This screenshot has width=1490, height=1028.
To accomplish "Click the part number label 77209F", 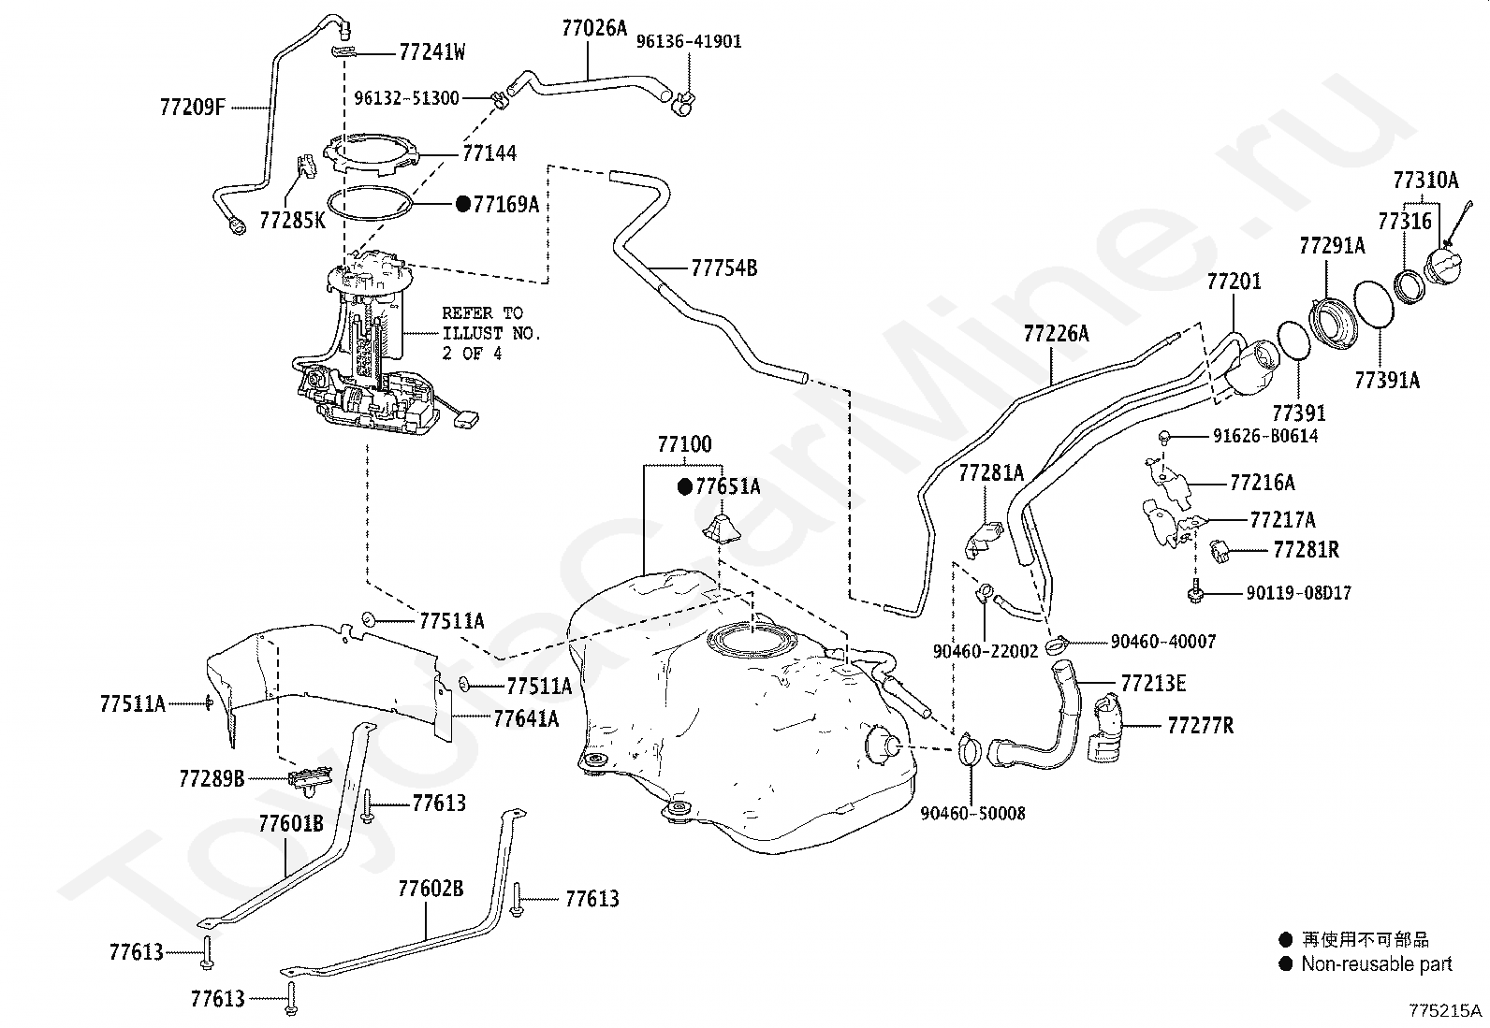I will pyautogui.click(x=192, y=107).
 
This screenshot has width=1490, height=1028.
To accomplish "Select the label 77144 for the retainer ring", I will pyautogui.click(x=489, y=152).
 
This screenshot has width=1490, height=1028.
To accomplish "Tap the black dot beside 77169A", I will pyautogui.click(x=462, y=204).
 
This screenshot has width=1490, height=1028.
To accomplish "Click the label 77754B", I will pyautogui.click(x=723, y=268).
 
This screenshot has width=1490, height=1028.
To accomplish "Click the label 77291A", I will pyautogui.click(x=1331, y=245).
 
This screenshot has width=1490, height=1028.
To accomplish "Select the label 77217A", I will pyautogui.click(x=1282, y=519).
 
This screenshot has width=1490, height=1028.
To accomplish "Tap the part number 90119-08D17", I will pyautogui.click(x=1298, y=593).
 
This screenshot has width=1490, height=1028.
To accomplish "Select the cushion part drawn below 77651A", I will pyautogui.click(x=720, y=528).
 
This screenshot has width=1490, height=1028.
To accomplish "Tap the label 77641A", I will pyautogui.click(x=526, y=718).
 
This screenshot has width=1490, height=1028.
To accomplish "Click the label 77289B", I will pyautogui.click(x=212, y=778).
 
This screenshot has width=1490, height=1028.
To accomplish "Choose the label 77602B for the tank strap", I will pyautogui.click(x=431, y=888).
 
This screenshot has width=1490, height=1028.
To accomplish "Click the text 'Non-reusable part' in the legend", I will pyautogui.click(x=1376, y=964).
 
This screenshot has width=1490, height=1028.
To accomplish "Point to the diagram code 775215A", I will pyautogui.click(x=1446, y=1010).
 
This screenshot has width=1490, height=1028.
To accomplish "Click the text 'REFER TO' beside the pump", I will pyautogui.click(x=482, y=312).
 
